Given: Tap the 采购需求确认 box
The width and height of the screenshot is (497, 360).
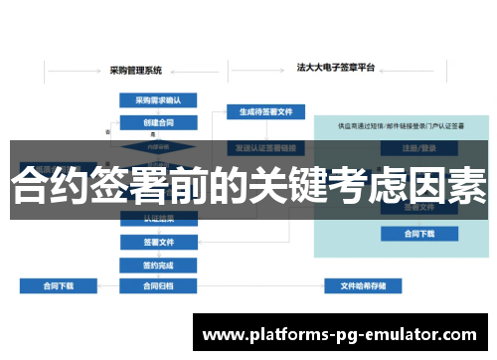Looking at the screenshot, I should [x=158, y=99].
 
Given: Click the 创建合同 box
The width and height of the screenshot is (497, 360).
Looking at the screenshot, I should [x=158, y=122].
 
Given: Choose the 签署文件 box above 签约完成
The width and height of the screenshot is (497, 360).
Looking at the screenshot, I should [x=158, y=242].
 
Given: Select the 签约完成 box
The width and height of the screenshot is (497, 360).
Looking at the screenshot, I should [x=158, y=265].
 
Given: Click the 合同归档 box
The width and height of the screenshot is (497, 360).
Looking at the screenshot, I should [x=158, y=286].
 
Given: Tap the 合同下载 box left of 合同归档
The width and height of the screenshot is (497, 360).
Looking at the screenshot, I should [x=59, y=286].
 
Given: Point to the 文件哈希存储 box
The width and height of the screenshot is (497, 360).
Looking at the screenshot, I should [x=363, y=286].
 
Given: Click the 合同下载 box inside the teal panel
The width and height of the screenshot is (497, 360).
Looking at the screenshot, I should [x=419, y=234].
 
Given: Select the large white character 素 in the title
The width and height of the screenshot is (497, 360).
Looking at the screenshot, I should [x=467, y=186].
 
